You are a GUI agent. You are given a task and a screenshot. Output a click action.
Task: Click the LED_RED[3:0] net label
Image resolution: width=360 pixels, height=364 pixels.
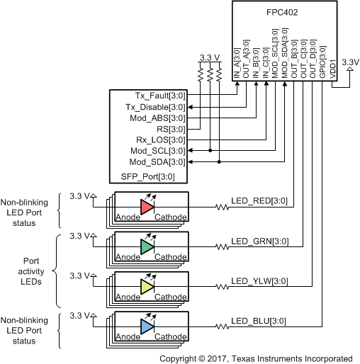(259, 201)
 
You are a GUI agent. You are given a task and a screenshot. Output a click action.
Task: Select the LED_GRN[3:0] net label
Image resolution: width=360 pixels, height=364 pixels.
(259, 241)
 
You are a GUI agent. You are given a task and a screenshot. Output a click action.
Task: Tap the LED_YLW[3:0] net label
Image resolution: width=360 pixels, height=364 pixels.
(259, 280)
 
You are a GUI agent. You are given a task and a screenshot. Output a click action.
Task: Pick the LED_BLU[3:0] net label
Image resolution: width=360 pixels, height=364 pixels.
(259, 320)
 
